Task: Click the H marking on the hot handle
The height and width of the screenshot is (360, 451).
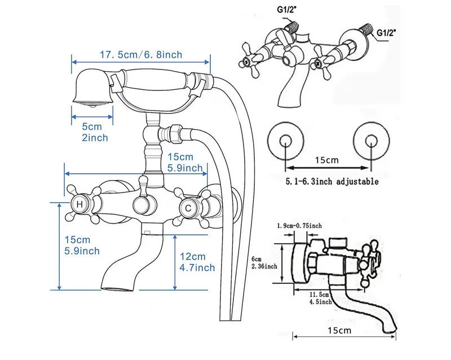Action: point(79,204)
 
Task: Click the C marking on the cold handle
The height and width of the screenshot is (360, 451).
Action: point(188,208)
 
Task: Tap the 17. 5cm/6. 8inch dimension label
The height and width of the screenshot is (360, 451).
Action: point(141,55)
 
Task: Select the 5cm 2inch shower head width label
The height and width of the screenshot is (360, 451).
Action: point(95,132)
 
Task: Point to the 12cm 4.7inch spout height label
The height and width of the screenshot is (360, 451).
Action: point(197,262)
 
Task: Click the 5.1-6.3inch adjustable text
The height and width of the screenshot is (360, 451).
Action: point(332,182)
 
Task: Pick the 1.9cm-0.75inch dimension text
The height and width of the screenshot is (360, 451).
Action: point(299,226)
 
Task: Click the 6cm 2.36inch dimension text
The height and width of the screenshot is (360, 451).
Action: point(264,263)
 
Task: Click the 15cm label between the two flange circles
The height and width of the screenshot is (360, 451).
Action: point(327,160)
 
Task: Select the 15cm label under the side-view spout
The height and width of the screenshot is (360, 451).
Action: point(339,330)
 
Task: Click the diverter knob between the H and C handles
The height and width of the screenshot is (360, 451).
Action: point(142,205)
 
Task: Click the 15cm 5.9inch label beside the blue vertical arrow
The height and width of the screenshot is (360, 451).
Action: point(82,245)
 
